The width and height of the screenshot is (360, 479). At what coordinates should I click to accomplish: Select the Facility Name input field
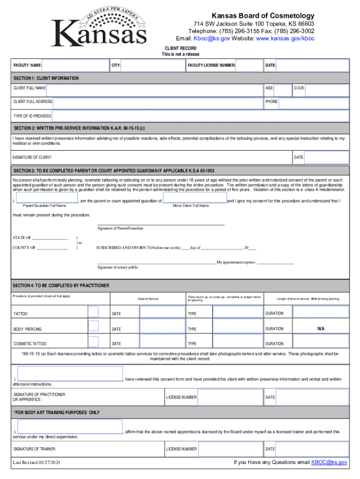coord(75,65)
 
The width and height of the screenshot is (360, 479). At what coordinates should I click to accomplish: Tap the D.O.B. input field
coord(327,88)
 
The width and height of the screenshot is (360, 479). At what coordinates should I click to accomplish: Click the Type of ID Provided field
coord(200,116)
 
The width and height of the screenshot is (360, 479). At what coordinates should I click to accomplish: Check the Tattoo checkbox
coord(94,312)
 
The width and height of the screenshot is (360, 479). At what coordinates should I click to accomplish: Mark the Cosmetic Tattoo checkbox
coord(94,342)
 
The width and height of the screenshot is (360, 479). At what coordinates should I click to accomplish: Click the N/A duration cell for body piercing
coord(321,329)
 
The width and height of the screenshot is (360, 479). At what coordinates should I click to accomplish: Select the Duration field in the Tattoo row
coord(321,312)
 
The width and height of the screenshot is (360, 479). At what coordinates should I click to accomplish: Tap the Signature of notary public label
coord(118,267)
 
